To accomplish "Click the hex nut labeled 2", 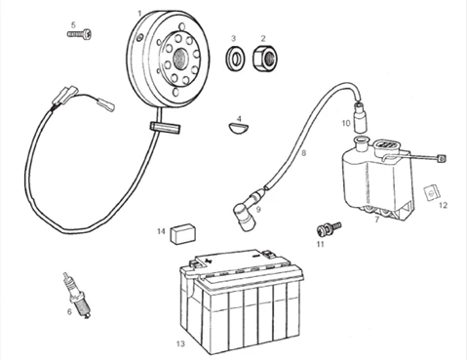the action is click(265, 59).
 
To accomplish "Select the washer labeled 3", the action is click(236, 59).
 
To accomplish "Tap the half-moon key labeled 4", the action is click(238, 128).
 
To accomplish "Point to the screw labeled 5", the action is click(80, 33).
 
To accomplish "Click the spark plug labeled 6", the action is click(77, 295).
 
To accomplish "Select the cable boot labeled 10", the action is click(360, 116).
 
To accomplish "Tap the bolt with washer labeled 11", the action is click(329, 228).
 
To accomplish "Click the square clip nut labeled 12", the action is click(432, 192).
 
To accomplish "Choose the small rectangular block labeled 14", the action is click(182, 233).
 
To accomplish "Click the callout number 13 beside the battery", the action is click(180, 343).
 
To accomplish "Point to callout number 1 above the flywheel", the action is click(139, 14).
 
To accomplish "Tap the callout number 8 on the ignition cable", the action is click(304, 152).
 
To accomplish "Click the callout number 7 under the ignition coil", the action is click(377, 220).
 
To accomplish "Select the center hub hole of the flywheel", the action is click(179, 60).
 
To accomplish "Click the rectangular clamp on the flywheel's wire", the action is click(165, 127).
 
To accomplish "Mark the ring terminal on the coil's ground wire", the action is click(442, 159).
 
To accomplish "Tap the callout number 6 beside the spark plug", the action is click(69, 311).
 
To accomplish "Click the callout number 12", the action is click(443, 205).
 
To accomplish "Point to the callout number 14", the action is click(161, 231).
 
